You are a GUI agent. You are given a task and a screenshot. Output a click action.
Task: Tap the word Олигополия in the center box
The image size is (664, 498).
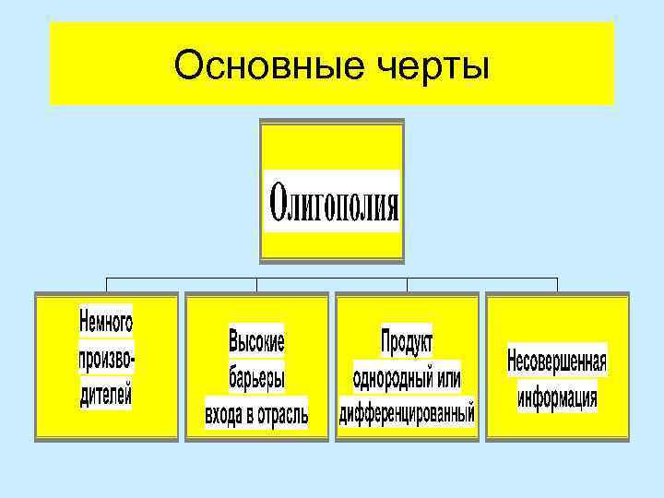(x=333, y=201)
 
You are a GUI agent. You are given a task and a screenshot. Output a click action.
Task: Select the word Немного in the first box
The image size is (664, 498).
(x=106, y=322)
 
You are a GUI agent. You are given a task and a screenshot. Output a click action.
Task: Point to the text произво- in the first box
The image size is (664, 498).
(x=106, y=360)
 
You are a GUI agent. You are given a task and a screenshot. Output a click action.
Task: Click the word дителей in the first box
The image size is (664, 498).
(x=106, y=397)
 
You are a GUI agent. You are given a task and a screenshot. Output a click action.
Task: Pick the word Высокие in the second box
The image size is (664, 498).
(x=256, y=342)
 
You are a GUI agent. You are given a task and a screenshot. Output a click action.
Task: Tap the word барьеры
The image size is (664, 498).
(x=256, y=378)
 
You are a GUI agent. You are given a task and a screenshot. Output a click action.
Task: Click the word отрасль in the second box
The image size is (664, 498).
(x=278, y=414)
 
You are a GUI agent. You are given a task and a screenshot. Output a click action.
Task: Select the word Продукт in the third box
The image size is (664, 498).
(x=407, y=342)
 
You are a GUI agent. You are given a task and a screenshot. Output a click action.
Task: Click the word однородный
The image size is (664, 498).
(x=386, y=378)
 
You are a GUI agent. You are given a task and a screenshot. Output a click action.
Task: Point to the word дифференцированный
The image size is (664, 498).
(x=407, y=412)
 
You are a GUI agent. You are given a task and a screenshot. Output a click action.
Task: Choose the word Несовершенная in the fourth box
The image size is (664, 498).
(x=557, y=361)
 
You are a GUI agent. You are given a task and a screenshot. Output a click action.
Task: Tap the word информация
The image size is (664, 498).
(x=557, y=397)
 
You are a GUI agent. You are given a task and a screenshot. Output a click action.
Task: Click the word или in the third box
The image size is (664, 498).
(x=445, y=378)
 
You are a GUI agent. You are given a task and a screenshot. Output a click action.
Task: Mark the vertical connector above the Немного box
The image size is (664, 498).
(x=107, y=284)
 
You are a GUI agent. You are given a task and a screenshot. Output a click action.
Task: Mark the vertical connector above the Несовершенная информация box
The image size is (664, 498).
(x=557, y=284)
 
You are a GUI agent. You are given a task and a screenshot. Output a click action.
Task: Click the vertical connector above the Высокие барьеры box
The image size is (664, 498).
(x=257, y=284)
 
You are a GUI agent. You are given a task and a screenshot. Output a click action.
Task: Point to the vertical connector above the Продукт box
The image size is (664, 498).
(x=407, y=284)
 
